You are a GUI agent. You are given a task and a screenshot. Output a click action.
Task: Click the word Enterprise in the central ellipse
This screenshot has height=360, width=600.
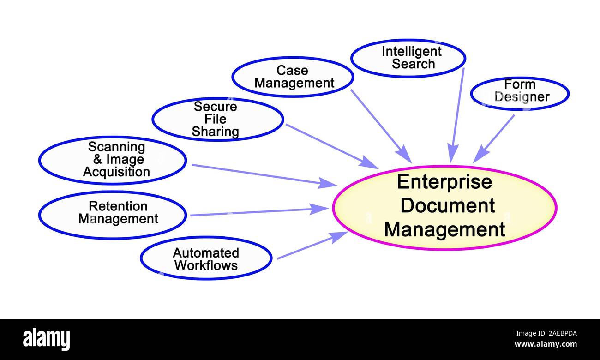[444, 182]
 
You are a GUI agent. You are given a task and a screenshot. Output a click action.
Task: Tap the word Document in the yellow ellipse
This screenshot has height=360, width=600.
[447, 205]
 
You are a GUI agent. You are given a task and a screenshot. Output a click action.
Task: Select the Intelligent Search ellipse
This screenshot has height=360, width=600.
[408, 58]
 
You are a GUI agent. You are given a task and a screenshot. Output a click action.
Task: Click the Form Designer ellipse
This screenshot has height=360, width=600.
[520, 94]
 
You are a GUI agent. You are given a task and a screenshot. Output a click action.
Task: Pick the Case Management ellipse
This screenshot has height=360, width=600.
[293, 77]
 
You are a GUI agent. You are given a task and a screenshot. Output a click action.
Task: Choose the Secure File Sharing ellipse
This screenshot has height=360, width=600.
[217, 119]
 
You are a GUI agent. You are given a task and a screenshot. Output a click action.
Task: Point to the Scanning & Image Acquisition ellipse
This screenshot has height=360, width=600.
[113, 160]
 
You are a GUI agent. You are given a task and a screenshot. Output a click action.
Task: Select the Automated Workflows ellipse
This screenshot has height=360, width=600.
[206, 258]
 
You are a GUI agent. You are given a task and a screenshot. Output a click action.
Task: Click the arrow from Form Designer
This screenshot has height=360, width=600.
[494, 138]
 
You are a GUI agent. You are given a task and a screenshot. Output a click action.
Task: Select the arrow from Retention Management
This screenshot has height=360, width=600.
[258, 212]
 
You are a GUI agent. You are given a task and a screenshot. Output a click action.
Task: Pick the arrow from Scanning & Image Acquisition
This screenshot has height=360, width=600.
[263, 174]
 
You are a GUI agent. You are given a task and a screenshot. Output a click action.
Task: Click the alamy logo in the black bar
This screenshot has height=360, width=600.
[47, 339]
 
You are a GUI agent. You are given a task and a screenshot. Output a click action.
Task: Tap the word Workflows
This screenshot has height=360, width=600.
[206, 265]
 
